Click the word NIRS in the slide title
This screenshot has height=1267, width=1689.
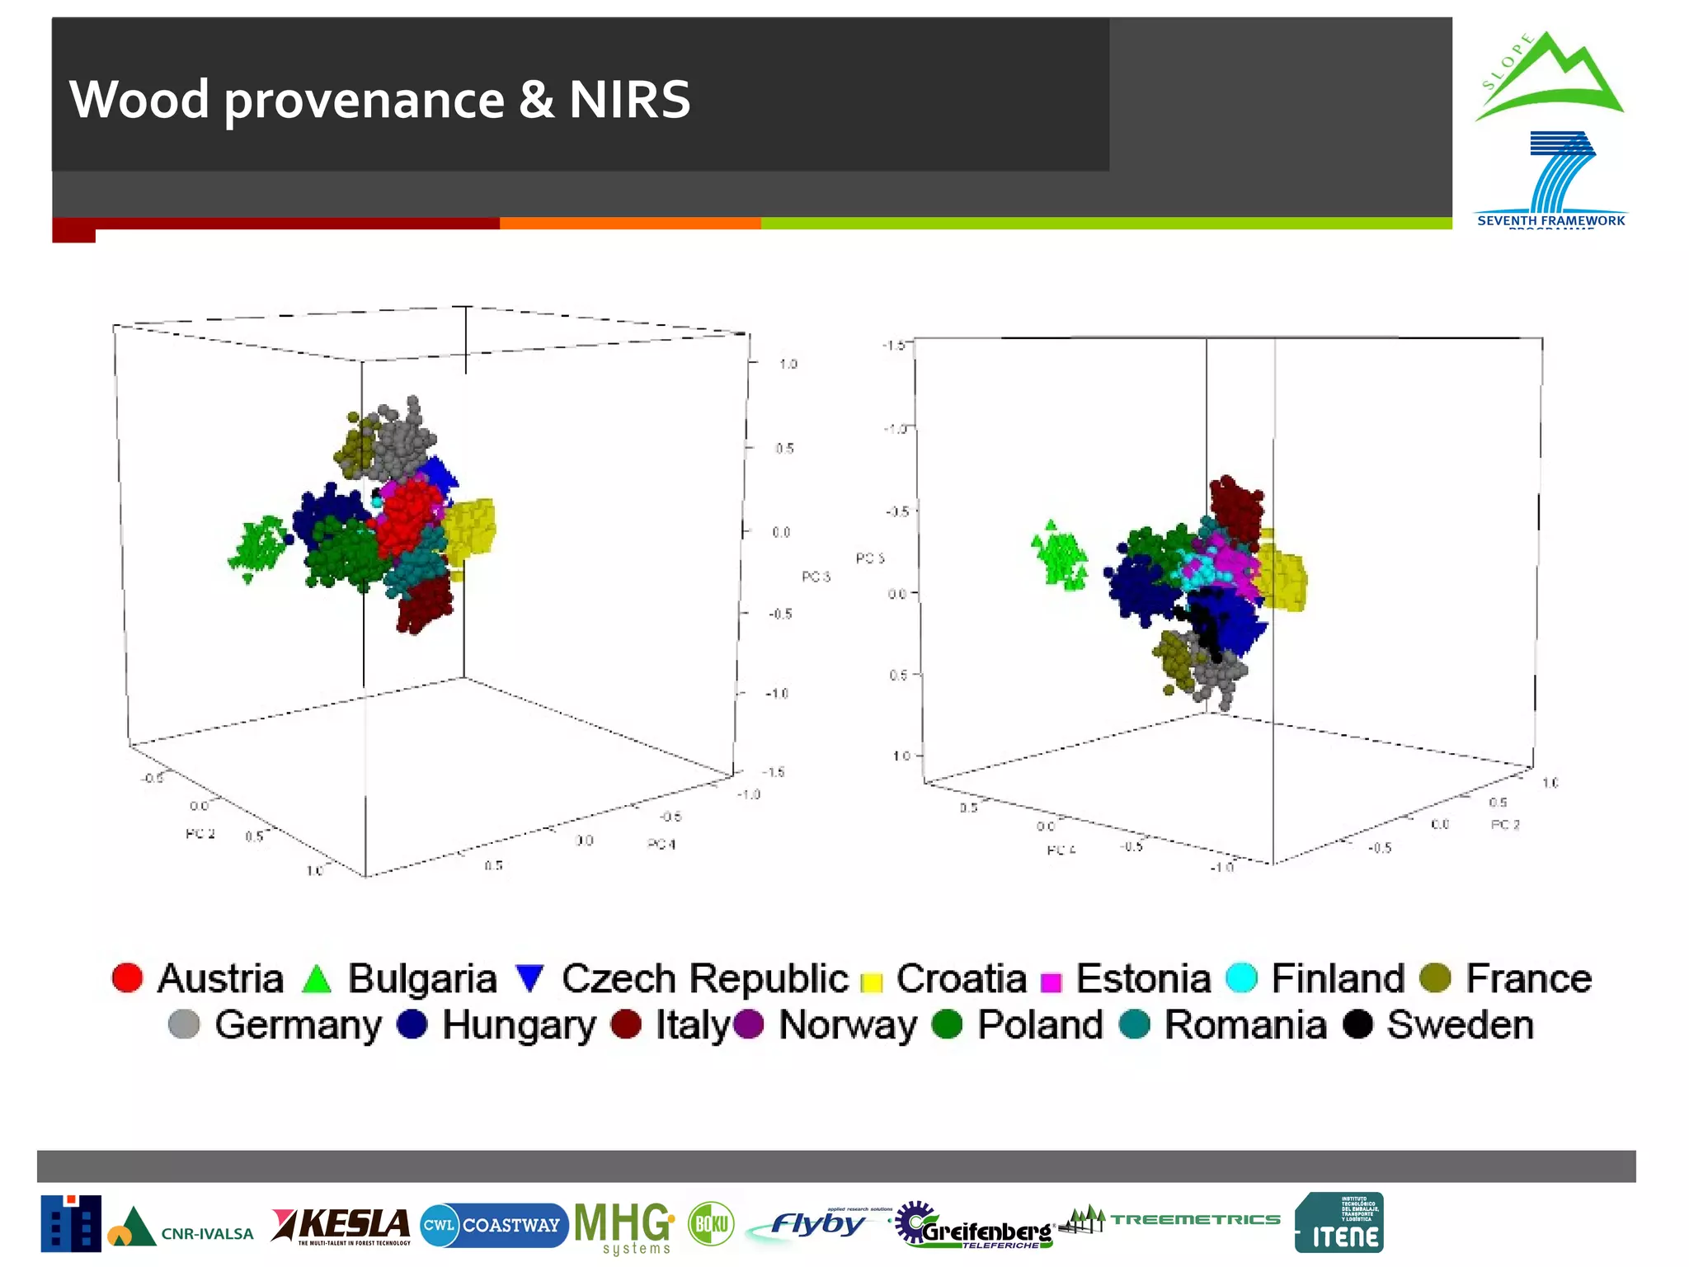point(629,100)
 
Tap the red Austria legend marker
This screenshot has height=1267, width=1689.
point(127,977)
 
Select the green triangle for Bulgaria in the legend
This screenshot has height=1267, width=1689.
point(317,979)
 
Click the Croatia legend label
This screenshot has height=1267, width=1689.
point(961,978)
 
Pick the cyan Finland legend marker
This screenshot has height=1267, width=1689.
point(1241,977)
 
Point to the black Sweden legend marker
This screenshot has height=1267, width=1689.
point(1357,1024)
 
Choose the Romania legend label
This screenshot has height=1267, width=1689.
point(1244,1025)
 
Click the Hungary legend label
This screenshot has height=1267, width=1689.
point(519,1025)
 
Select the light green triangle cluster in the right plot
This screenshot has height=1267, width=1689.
point(1060,555)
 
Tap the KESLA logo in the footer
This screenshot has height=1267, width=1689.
point(341,1226)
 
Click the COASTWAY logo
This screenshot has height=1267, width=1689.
point(494,1225)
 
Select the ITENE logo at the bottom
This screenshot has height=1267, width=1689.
point(1338,1222)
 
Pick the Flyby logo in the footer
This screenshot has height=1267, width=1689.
point(817,1225)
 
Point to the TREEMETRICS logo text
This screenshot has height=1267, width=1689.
point(1195,1219)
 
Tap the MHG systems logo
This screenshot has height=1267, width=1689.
point(623,1226)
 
